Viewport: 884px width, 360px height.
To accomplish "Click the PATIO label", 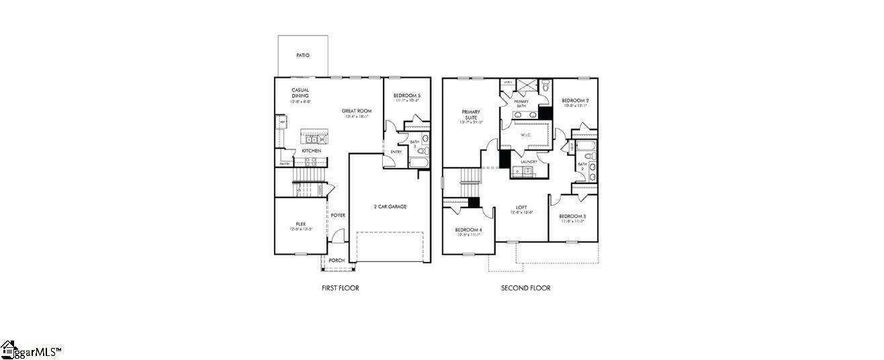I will coord(303,55).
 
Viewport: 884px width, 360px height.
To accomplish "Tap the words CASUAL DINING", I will coord(300,93).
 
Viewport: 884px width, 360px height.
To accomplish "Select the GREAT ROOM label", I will coord(357,111).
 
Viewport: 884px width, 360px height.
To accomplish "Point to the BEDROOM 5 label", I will coord(407,95).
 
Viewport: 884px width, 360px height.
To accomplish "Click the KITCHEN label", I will coord(311,150).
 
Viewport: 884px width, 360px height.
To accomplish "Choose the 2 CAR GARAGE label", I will coord(390,206).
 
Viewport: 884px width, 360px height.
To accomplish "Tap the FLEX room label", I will coord(301,224).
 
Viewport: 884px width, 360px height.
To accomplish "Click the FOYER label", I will coord(338,216).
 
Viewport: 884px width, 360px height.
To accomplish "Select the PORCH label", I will coord(337,261).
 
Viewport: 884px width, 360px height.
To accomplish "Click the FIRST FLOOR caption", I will coord(340,288).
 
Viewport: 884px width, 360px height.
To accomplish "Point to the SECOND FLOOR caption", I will coord(526,288).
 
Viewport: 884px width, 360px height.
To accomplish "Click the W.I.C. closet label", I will coord(526,135).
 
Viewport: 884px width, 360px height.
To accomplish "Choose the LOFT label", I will coord(521,207).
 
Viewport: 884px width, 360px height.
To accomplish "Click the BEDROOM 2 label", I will coord(575,100).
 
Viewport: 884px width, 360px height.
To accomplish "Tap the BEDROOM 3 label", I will coord(572,216).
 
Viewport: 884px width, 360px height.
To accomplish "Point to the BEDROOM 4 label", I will coord(468,230).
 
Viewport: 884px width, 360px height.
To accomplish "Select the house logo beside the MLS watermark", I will coord(8,349).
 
